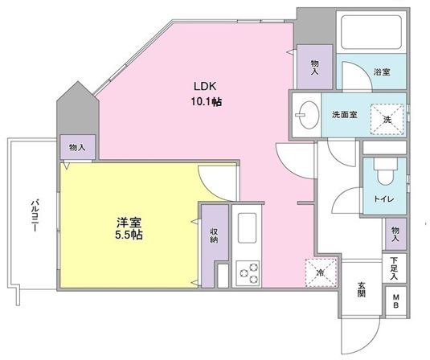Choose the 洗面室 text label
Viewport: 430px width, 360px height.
point(344,114)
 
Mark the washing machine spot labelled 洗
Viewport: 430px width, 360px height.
point(387,120)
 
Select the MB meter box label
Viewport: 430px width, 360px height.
point(395,303)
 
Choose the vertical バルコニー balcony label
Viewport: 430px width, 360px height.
point(35,213)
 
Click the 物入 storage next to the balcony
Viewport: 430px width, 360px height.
point(78,148)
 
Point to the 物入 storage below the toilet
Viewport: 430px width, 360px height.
point(395,234)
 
